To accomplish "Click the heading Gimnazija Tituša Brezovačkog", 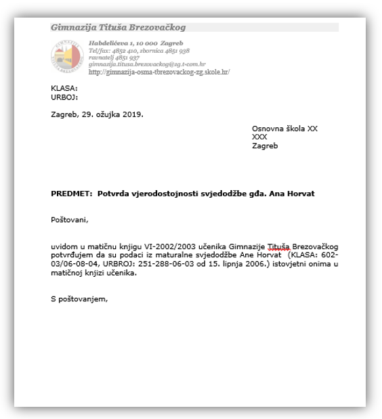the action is coord(118,28).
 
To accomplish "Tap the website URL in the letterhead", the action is coord(159,72).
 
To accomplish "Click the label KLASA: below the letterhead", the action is coord(64,88).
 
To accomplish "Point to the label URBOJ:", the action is coord(64,97).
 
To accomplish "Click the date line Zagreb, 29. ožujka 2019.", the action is coord(97,114).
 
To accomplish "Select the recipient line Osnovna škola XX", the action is coord(284,128).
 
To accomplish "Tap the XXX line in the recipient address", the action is coord(259,137).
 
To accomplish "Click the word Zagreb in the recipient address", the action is coord(265,146).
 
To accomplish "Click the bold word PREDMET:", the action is coord(72,194).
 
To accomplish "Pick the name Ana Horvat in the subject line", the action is coord(292,194).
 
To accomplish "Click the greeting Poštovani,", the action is coord(70,220).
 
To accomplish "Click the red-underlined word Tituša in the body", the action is coord(278,246).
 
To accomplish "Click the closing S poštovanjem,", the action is coord(79,299).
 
